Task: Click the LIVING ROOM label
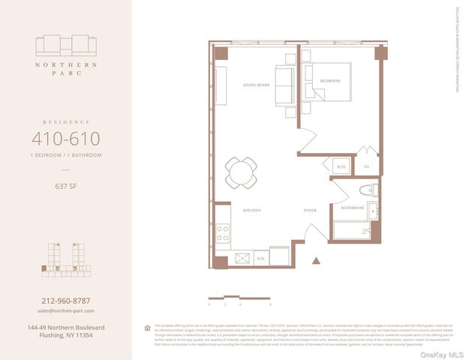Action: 255,85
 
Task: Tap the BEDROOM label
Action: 330,80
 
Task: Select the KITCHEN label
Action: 251,211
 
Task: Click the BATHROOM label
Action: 352,207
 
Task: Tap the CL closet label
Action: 367,166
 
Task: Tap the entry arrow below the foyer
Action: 316,261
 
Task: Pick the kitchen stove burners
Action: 223,233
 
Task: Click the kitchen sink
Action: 242,257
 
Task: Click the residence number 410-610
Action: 65,139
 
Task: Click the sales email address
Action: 65,310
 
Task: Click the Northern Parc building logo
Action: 65,46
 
